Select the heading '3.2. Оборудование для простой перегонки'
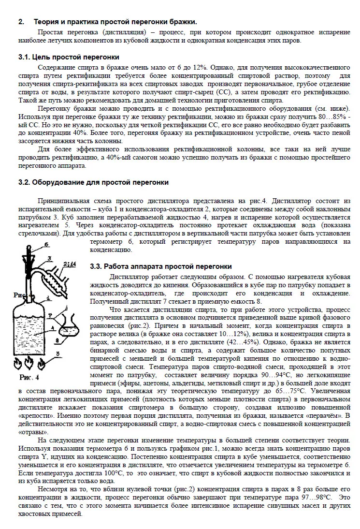coord(93,182)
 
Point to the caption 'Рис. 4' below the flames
coord(29,377)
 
